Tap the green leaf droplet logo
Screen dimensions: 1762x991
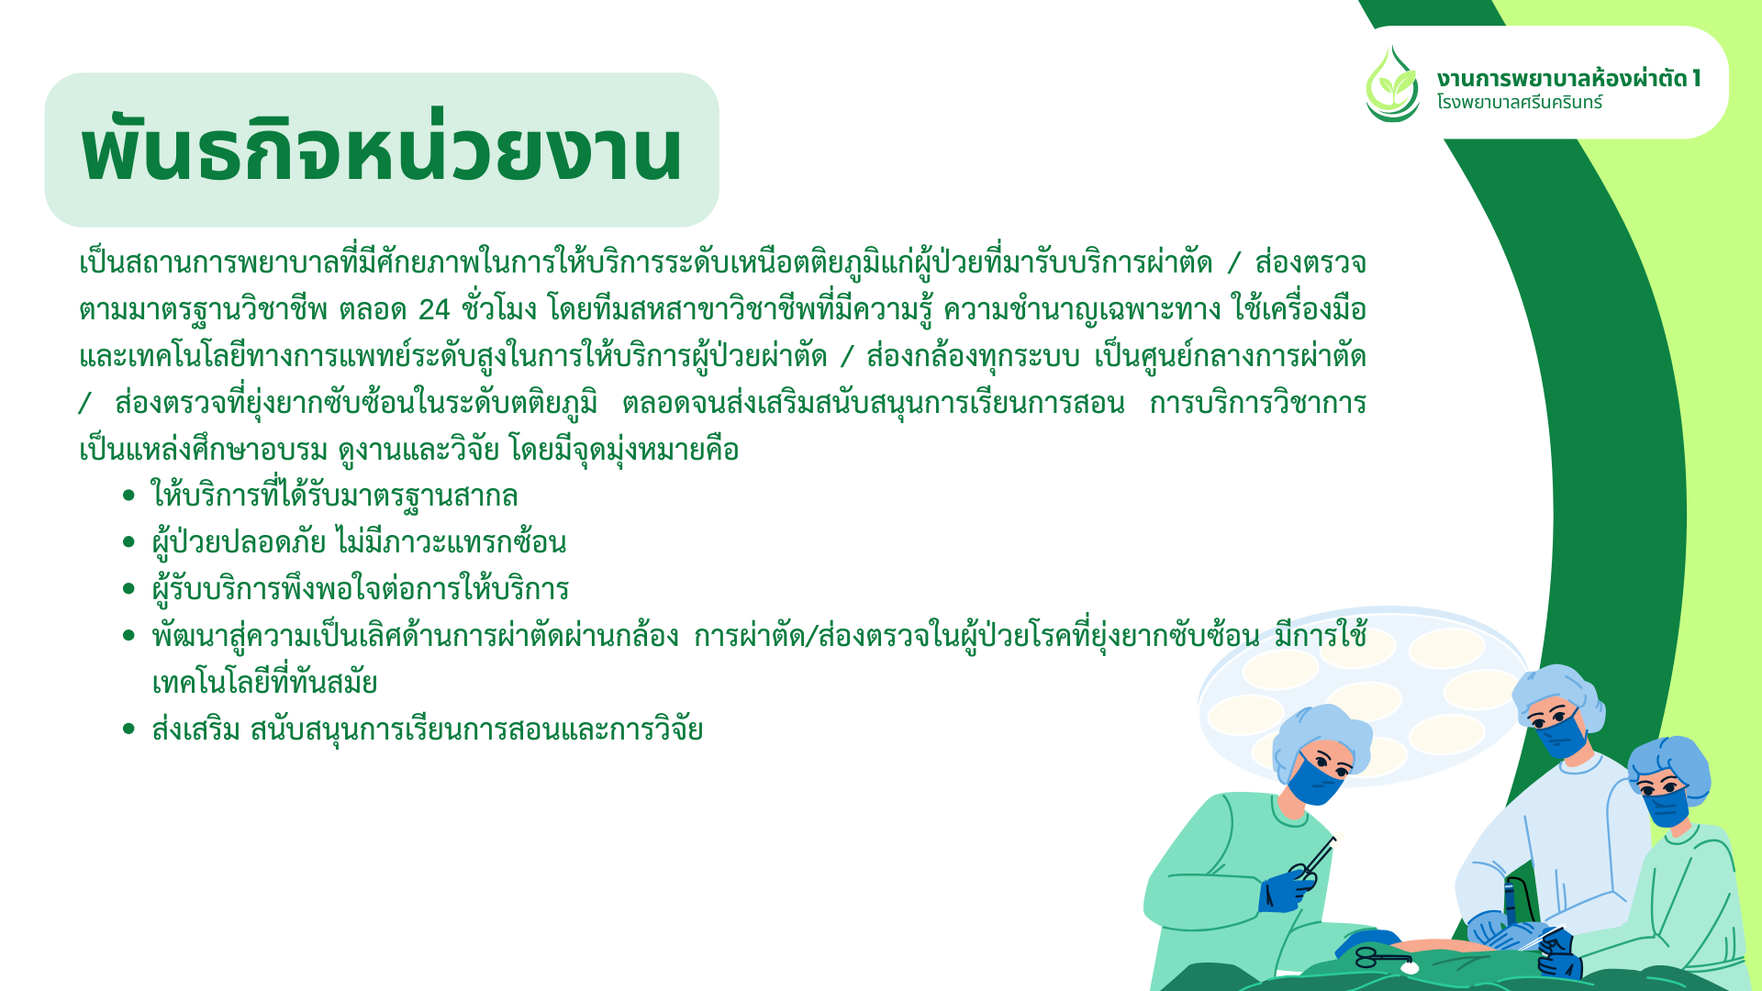[1392, 84]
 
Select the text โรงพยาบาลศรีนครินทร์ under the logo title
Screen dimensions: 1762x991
[1520, 103]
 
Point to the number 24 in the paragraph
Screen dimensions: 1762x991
[434, 310]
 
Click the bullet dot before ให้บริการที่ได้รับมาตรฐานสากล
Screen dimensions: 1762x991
[128, 496]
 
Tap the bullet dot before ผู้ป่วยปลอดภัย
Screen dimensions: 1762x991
[128, 543]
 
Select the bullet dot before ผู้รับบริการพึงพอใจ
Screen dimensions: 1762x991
[128, 590]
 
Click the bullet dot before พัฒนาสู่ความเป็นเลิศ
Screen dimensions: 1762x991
[128, 637]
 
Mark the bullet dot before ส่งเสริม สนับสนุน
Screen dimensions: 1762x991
[128, 730]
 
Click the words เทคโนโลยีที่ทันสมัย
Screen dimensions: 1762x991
[264, 684]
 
